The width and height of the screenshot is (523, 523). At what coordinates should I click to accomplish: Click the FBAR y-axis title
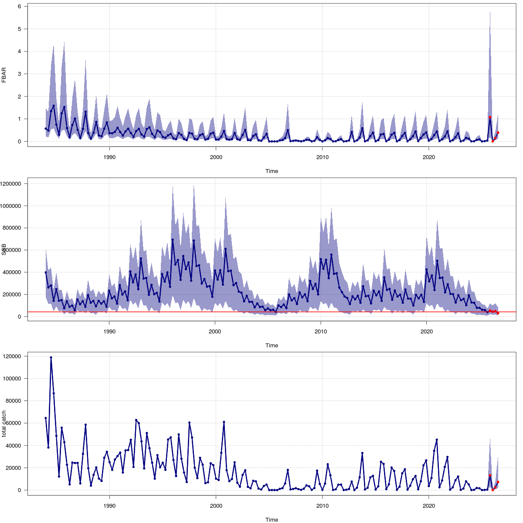(4, 75)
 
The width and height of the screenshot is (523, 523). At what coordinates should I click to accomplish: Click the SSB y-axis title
(4, 250)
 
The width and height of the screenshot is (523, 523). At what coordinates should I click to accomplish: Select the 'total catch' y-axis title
(4, 424)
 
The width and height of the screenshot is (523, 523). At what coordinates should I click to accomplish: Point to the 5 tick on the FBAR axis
(20, 29)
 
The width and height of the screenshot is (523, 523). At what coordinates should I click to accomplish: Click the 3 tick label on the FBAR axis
(20, 74)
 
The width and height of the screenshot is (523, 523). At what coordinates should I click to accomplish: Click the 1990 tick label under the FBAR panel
(109, 157)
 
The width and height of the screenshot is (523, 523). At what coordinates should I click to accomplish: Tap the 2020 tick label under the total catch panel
(429, 506)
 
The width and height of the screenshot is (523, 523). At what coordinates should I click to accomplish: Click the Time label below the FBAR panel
(272, 171)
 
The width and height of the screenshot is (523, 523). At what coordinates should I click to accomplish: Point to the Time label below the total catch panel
(272, 520)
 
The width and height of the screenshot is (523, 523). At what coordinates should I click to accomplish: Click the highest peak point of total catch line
(51, 357)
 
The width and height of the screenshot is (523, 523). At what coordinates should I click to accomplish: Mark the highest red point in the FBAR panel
(490, 117)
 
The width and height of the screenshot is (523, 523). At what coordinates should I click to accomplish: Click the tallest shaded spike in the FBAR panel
(490, 13)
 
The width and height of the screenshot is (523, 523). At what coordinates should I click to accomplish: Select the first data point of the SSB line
(46, 272)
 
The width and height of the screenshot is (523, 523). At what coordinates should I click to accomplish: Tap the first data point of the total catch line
(46, 418)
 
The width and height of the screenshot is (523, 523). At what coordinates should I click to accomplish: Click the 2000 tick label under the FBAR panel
(216, 157)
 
